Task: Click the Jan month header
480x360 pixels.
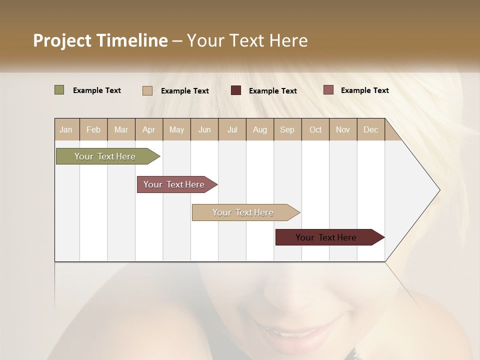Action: tap(66, 129)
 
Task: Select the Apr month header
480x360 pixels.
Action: tap(149, 129)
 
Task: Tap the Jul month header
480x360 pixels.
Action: tap(232, 129)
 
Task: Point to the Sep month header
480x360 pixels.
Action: tap(287, 129)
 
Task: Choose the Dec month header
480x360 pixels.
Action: tap(370, 129)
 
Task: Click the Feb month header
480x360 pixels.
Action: tap(93, 129)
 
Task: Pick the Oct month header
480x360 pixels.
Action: tap(315, 129)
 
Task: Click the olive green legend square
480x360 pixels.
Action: tap(59, 90)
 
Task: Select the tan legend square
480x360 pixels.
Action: tap(147, 90)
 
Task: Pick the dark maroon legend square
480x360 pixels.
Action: tap(236, 90)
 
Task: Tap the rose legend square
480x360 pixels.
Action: tap(328, 90)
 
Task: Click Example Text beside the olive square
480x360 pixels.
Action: tap(97, 90)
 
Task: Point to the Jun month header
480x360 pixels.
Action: tap(204, 129)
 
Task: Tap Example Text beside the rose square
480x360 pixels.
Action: tap(365, 90)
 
